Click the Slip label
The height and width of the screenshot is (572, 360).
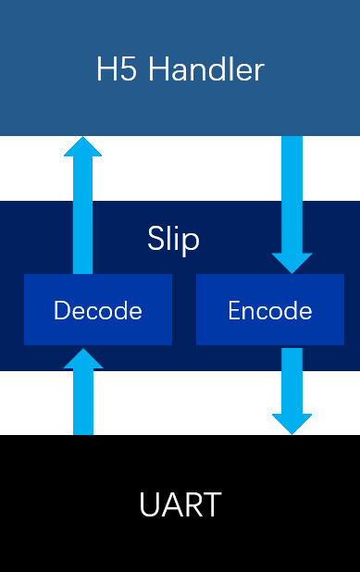click(x=174, y=240)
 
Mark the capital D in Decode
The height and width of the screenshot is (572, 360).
click(x=61, y=311)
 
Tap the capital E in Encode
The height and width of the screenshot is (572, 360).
click(x=234, y=311)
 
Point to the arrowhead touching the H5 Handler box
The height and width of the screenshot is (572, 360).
click(x=83, y=148)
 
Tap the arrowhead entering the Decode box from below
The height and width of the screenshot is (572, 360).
click(x=83, y=358)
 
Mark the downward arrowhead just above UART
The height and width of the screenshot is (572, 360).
click(x=292, y=422)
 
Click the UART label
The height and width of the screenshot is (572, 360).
click(x=180, y=505)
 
